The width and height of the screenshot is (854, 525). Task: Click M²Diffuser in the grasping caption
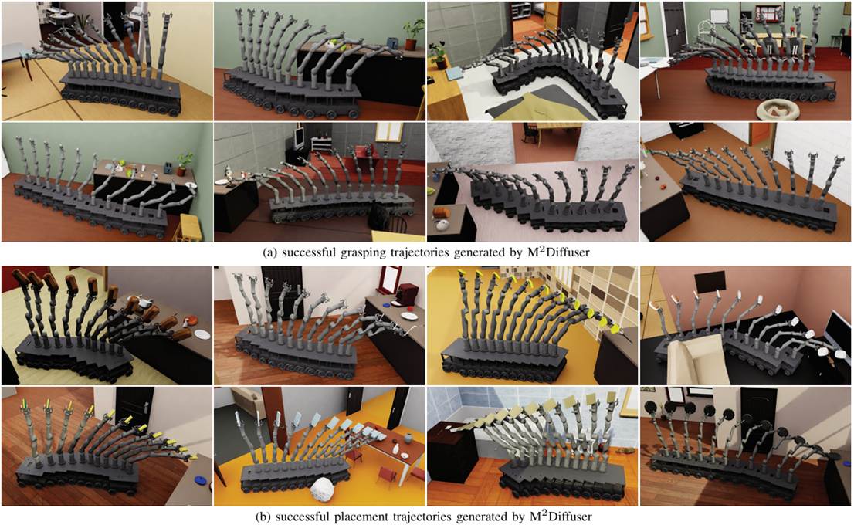(x=558, y=252)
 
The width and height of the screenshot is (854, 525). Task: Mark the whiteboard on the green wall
(x=720, y=17)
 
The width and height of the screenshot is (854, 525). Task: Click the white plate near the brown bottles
(x=202, y=334)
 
